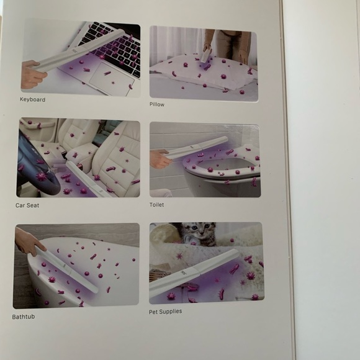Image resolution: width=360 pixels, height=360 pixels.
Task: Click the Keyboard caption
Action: click(32, 99)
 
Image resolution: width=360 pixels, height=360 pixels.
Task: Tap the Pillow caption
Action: click(157, 104)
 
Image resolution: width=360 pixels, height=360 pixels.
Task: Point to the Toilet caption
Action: click(157, 204)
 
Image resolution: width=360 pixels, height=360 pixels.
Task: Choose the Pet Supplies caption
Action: click(165, 311)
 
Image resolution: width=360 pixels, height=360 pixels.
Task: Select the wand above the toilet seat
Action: click(199, 146)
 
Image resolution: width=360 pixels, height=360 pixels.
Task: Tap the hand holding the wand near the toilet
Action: click(161, 159)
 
